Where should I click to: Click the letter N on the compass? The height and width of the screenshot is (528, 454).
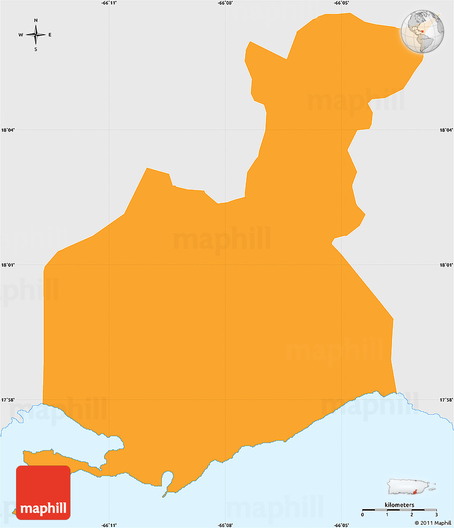[x=36, y=20]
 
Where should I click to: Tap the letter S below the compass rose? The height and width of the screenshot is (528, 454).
[x=36, y=50]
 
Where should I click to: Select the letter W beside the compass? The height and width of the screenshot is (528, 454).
[x=21, y=35]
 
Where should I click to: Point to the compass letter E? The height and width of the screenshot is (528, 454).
[x=50, y=35]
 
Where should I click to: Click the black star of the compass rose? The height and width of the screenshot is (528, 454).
[x=36, y=35]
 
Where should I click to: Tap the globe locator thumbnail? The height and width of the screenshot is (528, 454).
[x=422, y=31]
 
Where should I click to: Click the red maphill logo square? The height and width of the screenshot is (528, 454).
[x=43, y=492]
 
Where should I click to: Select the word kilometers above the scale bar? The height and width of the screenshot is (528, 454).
[x=399, y=505]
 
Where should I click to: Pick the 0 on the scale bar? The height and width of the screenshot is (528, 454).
[x=363, y=514]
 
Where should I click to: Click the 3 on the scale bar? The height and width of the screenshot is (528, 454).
[x=436, y=514]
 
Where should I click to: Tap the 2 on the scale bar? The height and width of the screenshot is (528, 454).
[x=412, y=514]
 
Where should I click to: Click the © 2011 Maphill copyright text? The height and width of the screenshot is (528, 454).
[x=432, y=522]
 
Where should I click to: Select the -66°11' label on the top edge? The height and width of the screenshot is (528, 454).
[x=109, y=3]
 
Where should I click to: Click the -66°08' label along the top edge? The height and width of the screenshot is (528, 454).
[x=225, y=3]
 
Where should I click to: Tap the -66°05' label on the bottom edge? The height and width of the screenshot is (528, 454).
[x=342, y=525]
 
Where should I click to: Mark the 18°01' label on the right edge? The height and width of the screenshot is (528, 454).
[x=446, y=265]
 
